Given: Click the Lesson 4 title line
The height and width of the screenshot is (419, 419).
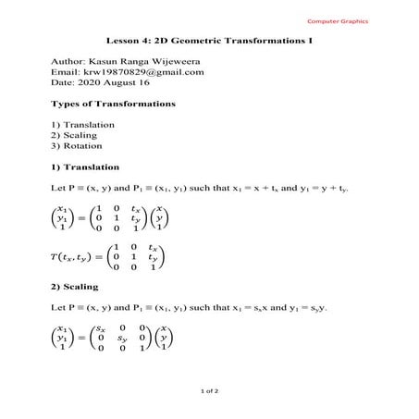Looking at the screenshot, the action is [208, 42].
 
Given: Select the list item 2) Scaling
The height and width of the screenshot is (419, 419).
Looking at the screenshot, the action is [77, 135].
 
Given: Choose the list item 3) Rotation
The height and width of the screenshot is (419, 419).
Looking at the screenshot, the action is [79, 146].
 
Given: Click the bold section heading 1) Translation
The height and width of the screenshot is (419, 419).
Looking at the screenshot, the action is [86, 166].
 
